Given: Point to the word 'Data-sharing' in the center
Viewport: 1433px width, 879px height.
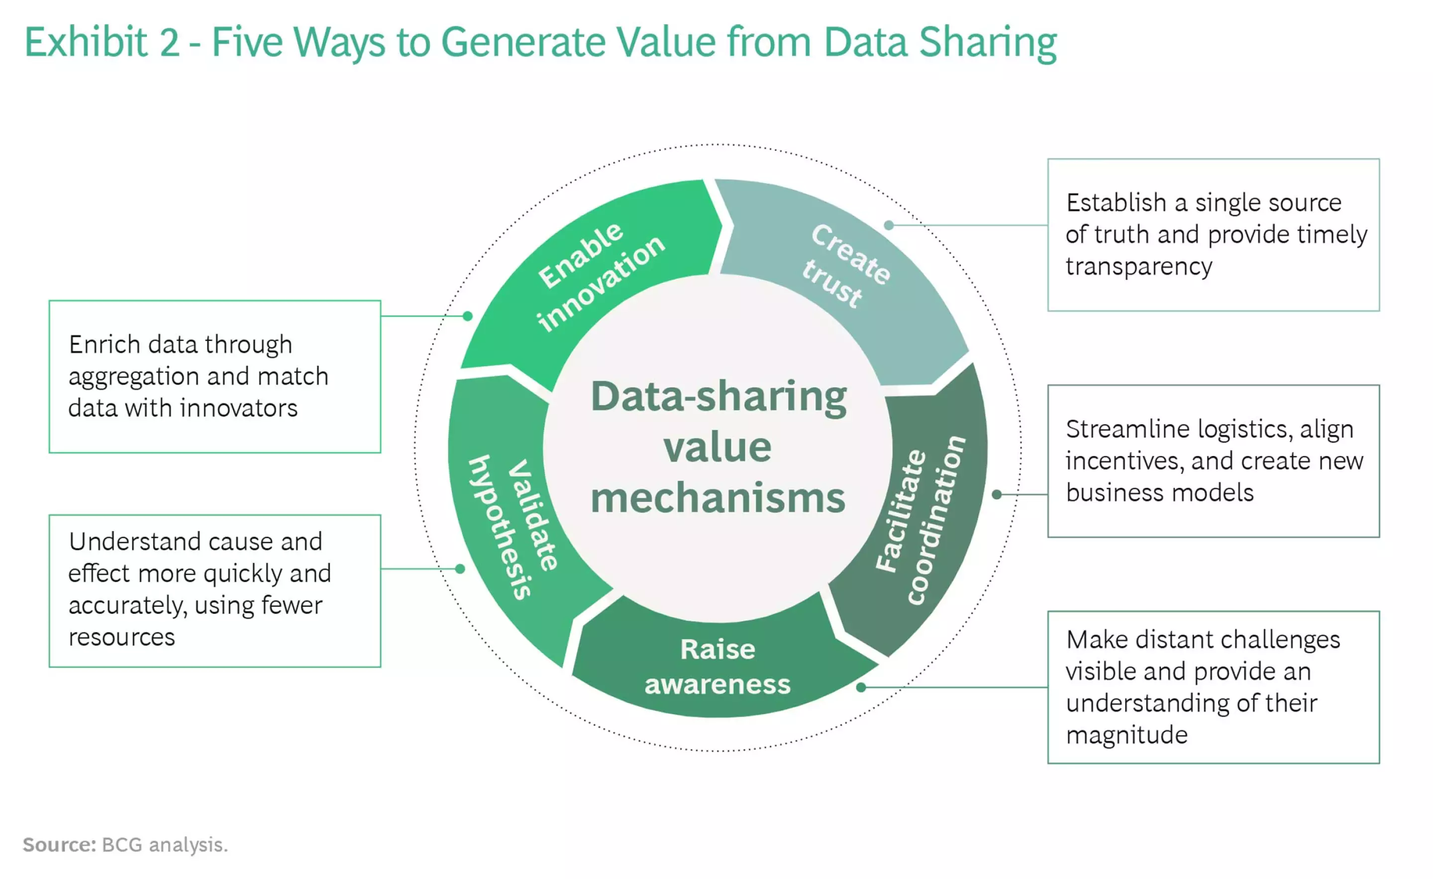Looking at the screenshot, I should click(719, 397).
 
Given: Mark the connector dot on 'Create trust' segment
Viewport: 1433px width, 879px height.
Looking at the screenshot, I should click(889, 225).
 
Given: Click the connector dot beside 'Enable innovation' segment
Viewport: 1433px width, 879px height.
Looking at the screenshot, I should click(468, 316).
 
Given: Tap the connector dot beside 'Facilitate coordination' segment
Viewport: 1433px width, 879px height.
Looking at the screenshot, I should click(997, 494).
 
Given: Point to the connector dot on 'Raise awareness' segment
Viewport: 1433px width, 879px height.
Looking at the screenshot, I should click(861, 687).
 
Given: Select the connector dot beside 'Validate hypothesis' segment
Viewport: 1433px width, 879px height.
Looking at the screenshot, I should click(460, 569).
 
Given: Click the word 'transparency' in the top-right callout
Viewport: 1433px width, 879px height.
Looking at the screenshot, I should click(1139, 267).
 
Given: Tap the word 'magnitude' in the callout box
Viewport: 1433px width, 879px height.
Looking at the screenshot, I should click(1126, 735).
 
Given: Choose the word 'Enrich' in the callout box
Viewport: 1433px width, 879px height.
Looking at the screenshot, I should click(104, 344).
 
